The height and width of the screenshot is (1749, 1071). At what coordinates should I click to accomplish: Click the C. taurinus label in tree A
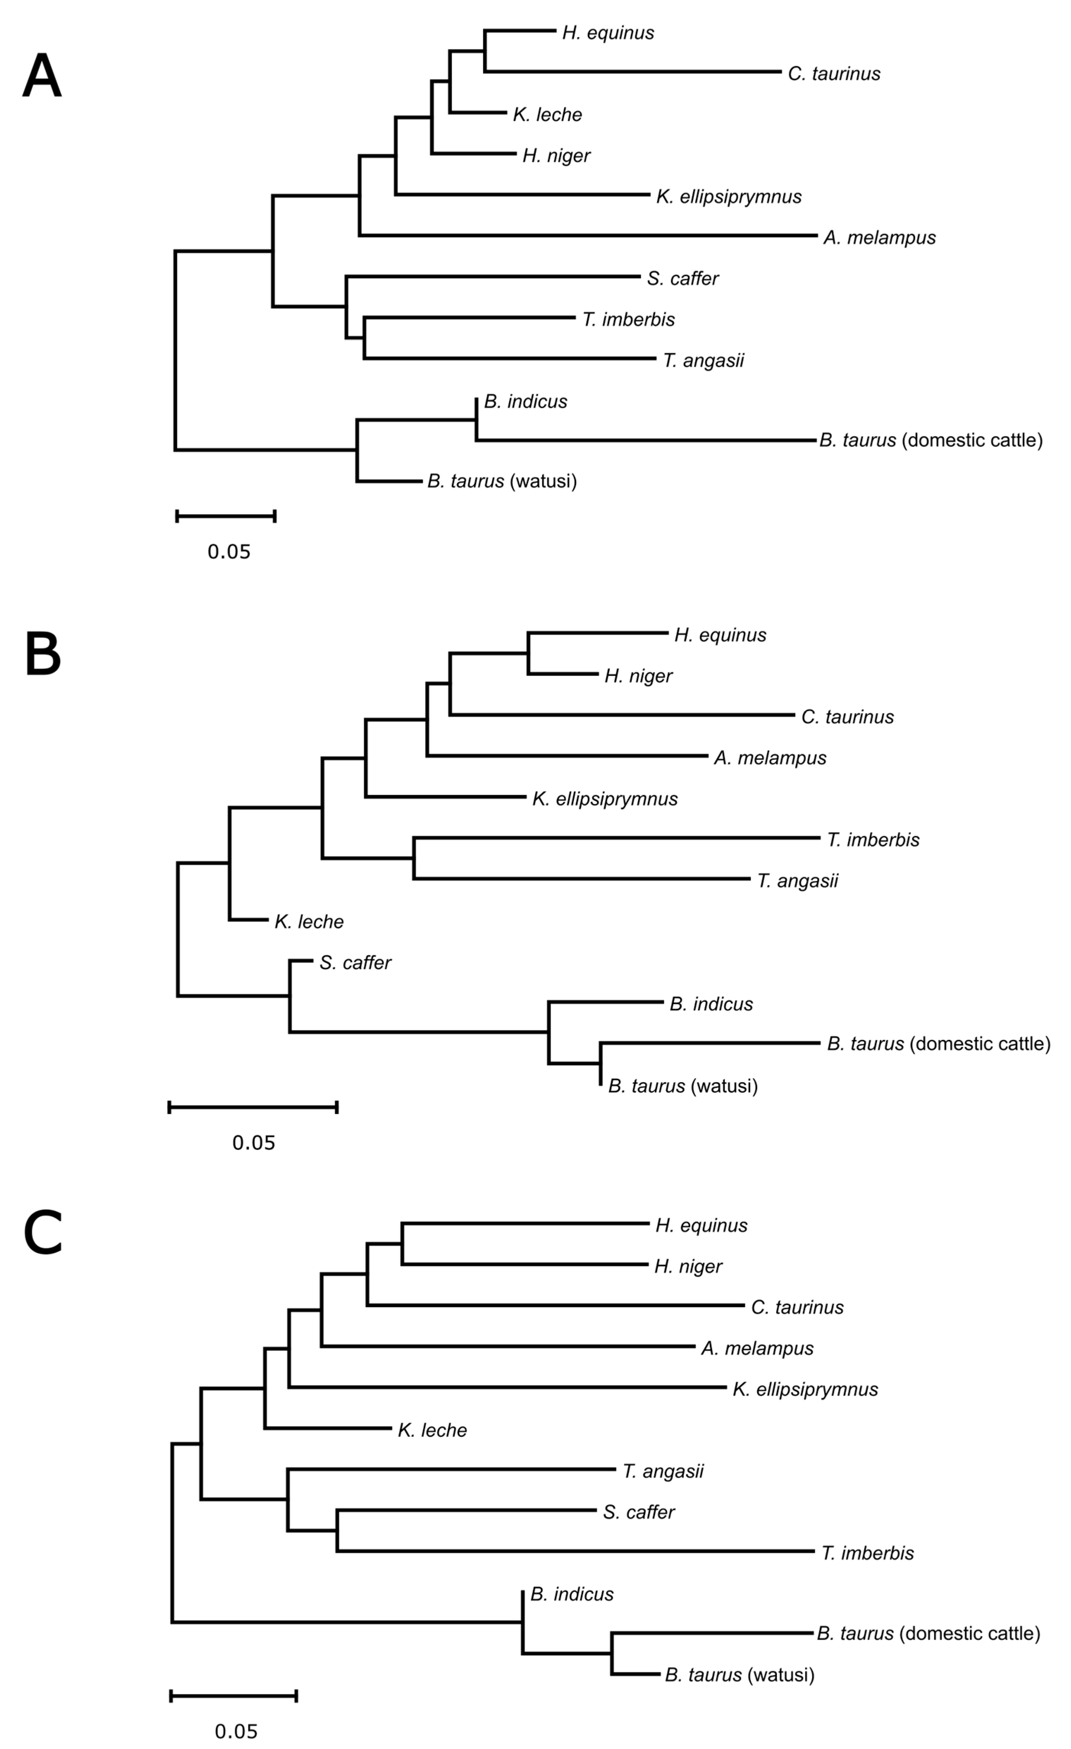(834, 74)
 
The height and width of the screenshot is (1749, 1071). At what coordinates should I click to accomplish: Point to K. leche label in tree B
(309, 922)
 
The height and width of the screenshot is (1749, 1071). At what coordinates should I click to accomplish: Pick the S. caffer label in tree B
(355, 963)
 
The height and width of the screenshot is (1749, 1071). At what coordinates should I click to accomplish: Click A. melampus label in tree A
(879, 238)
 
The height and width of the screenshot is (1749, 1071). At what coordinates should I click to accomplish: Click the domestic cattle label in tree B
(938, 1044)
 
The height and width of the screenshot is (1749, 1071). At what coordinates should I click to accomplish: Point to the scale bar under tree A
(226, 516)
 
